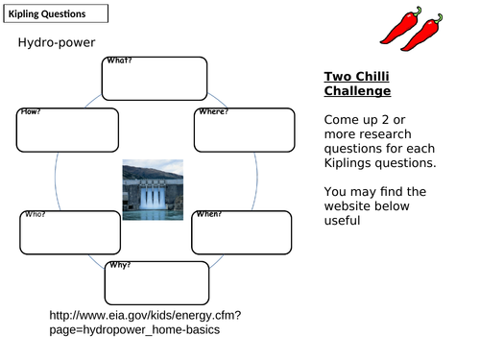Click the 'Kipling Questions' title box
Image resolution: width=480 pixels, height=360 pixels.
coord(54,14)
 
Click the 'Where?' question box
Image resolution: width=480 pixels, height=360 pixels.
coord(245,130)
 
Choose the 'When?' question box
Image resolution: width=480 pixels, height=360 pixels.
coord(242,232)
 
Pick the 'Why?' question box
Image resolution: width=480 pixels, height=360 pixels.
coord(156,280)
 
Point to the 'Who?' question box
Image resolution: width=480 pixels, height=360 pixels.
coord(66,231)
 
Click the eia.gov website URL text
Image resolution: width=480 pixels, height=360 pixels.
coord(144,322)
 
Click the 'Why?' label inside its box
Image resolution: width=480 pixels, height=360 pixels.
coord(120,265)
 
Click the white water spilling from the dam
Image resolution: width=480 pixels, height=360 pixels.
coord(152,198)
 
